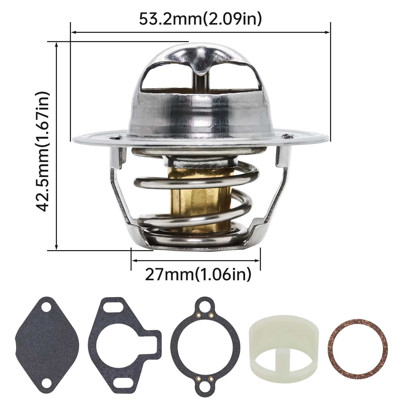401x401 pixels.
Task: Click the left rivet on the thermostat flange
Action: [x=115, y=137]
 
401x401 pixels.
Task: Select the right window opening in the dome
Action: [x=234, y=75]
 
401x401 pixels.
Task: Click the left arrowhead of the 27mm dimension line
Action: [x=133, y=261]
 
